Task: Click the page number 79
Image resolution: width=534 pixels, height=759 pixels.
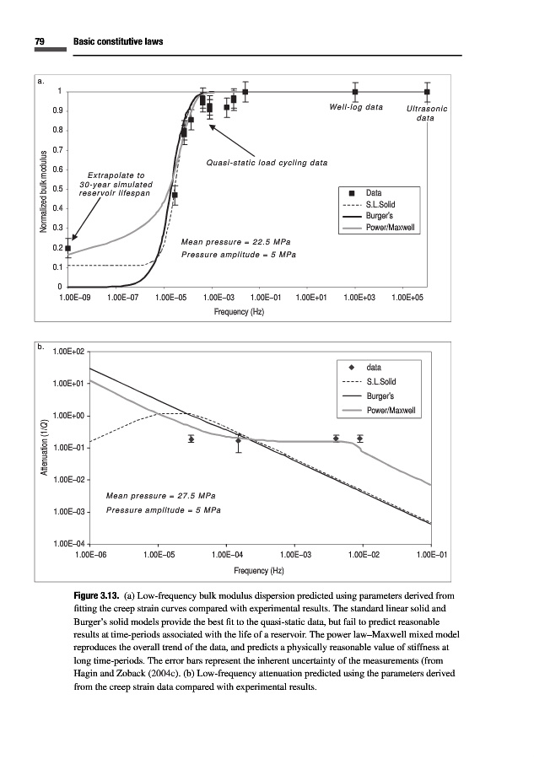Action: pos(40,42)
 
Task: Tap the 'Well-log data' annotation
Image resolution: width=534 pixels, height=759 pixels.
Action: pos(355,108)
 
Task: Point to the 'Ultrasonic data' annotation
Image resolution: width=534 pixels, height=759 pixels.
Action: pos(426,113)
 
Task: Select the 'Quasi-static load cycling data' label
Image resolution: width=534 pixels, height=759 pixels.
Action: pos(267,163)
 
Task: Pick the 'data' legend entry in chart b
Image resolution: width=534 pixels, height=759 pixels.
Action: pos(374,368)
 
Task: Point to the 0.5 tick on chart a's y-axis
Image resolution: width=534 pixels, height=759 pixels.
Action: pos(57,188)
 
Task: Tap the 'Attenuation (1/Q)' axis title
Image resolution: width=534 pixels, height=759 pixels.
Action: pos(42,451)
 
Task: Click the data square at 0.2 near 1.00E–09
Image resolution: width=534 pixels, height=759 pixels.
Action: pos(68,249)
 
